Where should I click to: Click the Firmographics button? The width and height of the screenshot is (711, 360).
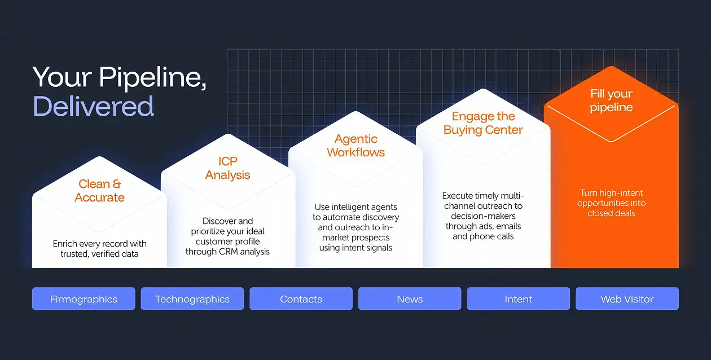pos(84,298)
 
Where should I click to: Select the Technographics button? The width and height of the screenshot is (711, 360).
pos(192,298)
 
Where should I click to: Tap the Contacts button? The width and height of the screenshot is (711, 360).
pos(301,298)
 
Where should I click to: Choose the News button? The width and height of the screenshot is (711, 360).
pos(410,298)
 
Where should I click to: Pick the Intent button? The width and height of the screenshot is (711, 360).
pos(519,298)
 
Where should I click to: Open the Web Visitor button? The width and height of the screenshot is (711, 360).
pos(627,298)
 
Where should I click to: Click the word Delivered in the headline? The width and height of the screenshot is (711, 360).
pos(93,106)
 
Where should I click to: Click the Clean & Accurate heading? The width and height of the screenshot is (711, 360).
pos(100,191)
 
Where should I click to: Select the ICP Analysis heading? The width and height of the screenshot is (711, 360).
pos(227,168)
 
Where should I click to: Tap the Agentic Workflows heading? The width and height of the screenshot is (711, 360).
pos(356,146)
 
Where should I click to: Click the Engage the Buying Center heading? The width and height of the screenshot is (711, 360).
pos(483,123)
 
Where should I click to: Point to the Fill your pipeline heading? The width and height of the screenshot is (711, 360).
pos(611,100)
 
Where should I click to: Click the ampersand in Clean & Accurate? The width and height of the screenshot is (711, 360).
pos(117,184)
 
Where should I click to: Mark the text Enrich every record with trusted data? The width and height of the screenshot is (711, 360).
pos(100,249)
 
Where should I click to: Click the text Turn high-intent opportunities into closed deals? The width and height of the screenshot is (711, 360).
pos(611,203)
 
